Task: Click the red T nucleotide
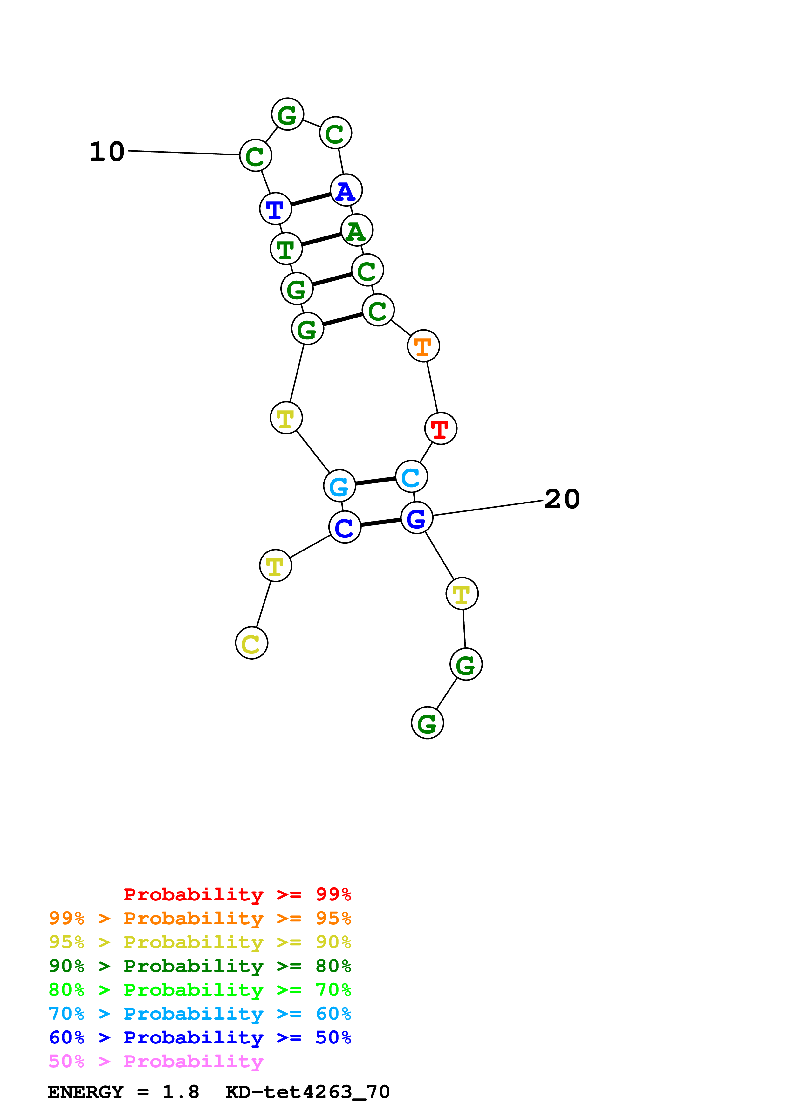click(440, 428)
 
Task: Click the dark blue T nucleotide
click(275, 209)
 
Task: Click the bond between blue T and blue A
click(311, 199)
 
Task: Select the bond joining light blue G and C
click(375, 481)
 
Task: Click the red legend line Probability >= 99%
click(237, 894)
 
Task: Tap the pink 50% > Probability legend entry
click(156, 1062)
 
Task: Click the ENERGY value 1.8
click(181, 1092)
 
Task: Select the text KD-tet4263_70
click(307, 1092)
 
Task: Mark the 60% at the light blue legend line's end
click(333, 1014)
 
